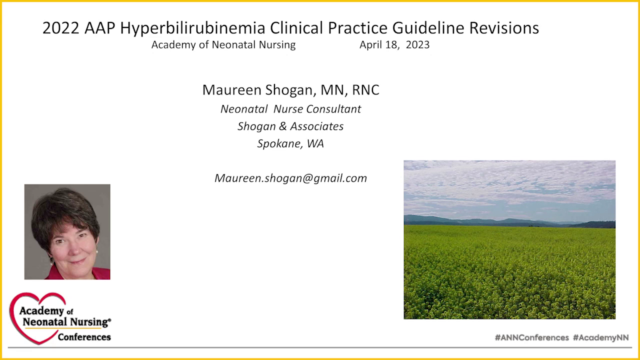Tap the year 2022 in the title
click(x=61, y=28)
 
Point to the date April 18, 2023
click(x=394, y=45)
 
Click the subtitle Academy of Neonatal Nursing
click(x=223, y=45)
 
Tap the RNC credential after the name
click(x=365, y=90)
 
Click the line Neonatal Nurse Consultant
click(x=290, y=109)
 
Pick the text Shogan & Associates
click(x=290, y=126)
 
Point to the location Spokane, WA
click(x=290, y=144)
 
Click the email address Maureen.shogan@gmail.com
click(x=290, y=178)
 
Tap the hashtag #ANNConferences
click(x=531, y=337)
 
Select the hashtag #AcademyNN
click(x=600, y=337)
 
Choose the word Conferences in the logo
click(x=84, y=336)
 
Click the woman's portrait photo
click(x=67, y=231)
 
